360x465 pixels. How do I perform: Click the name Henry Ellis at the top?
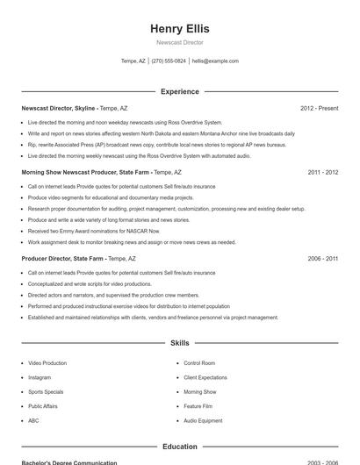point(179,29)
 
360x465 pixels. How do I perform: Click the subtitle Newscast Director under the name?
point(179,42)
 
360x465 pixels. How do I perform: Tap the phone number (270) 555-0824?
point(169,61)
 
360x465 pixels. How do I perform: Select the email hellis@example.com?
point(215,61)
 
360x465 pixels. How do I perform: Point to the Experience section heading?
point(179,91)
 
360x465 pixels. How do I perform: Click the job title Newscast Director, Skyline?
point(58,108)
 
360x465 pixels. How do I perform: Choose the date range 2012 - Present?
point(319,108)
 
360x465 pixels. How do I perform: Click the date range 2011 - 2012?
point(322,173)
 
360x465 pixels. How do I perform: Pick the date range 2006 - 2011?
point(322,259)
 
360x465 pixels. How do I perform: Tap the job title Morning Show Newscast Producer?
point(85,173)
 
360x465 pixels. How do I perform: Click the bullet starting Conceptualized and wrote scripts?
point(90,284)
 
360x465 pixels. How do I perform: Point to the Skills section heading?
point(179,343)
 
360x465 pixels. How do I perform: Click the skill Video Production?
point(47,363)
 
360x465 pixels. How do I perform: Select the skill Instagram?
point(40,377)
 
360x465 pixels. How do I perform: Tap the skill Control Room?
point(199,363)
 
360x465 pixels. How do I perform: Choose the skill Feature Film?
point(198,406)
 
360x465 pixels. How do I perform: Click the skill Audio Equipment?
point(203,421)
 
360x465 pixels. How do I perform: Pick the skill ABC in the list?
point(33,421)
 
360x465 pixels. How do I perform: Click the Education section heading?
point(179,447)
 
